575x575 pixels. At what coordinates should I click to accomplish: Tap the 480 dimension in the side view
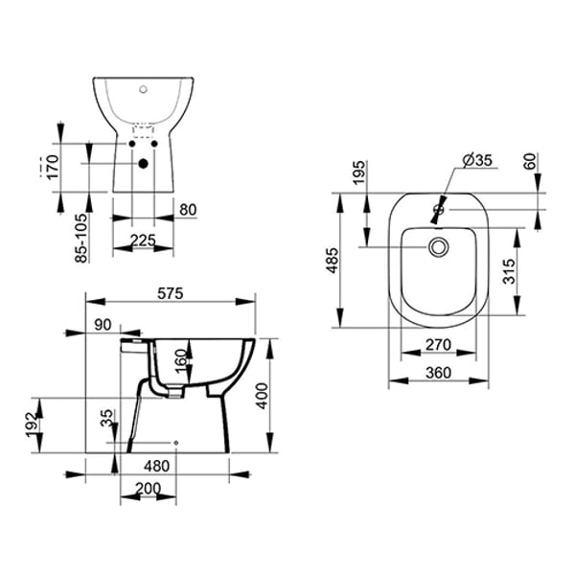click(x=157, y=466)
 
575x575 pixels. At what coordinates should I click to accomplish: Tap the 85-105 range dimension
click(x=82, y=237)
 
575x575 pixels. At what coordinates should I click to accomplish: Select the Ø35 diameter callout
click(x=476, y=160)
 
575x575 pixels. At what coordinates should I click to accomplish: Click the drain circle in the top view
click(x=439, y=248)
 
